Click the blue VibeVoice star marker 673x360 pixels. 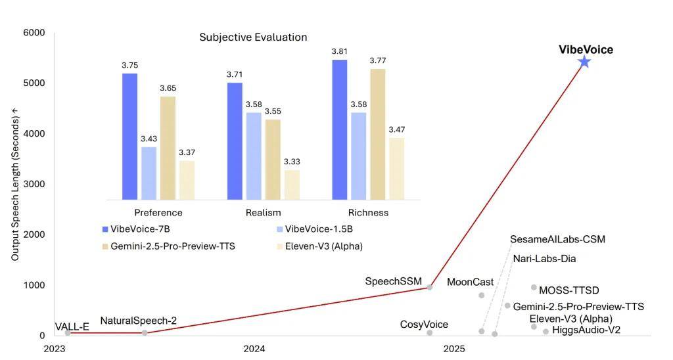(584, 62)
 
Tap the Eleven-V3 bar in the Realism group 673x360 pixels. (292, 185)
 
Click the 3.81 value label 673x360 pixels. (339, 51)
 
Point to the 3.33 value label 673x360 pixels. (292, 162)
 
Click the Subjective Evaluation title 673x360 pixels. (253, 37)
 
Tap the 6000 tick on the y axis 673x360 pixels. (34, 33)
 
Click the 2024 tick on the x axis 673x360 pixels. (254, 349)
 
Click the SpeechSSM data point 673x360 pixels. (430, 287)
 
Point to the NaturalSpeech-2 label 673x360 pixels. (138, 321)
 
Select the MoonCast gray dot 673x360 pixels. (482, 296)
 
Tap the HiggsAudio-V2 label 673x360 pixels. (586, 330)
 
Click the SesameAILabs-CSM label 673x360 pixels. (557, 239)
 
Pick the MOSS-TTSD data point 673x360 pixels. (534, 287)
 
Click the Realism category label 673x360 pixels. (263, 213)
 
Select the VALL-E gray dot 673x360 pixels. (68, 333)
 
